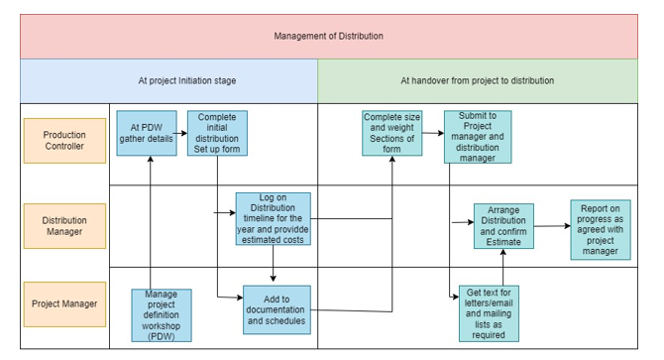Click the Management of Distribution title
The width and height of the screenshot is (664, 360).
point(328,36)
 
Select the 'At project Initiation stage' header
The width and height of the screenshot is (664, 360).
point(186,80)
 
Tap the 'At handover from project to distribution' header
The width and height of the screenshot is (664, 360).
point(477,80)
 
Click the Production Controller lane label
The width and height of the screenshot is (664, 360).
point(64,141)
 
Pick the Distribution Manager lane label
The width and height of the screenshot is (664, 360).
point(64,226)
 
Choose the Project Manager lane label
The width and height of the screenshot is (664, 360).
point(64,303)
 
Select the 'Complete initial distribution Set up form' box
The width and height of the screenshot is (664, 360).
point(217,134)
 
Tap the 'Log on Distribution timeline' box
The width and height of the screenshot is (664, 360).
point(273,218)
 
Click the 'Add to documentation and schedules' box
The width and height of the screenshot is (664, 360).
point(277,310)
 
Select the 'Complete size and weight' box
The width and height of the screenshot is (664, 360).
point(392,134)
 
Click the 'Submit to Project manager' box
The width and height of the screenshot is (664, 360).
point(478,137)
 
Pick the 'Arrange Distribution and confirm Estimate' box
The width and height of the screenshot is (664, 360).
point(503,226)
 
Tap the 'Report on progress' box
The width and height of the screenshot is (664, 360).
point(600,229)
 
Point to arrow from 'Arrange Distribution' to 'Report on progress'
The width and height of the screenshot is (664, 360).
point(552,227)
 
